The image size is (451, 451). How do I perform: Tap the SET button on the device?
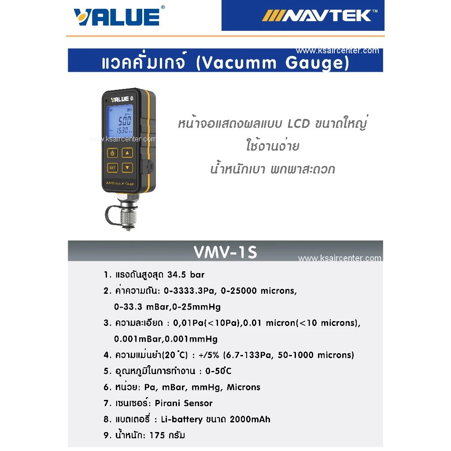[112, 167]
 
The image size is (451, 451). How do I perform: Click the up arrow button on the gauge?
[127, 153]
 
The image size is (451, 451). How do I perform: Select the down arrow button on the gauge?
[127, 167]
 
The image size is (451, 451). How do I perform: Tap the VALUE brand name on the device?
[119, 99]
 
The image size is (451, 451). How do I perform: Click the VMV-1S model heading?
[225, 252]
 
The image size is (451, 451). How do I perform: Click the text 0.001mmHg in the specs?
[193, 339]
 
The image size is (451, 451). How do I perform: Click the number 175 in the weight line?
[157, 436]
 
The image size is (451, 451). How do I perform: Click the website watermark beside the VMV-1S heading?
[339, 259]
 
